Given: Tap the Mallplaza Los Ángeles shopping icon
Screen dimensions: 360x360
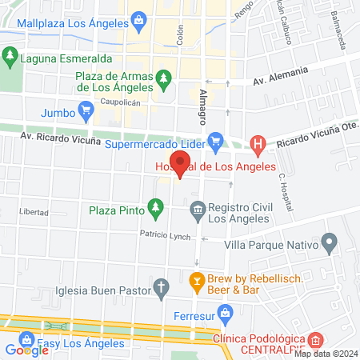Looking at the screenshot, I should point(138,18).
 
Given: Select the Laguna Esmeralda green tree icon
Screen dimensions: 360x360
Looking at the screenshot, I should point(10,57).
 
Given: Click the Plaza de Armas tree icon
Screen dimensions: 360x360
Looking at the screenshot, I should point(164,78).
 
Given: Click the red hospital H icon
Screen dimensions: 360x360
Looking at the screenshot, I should point(258,144).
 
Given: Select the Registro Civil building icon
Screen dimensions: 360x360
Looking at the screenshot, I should point(197,210).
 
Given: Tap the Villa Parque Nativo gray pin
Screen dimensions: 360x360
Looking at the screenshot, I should point(329,242).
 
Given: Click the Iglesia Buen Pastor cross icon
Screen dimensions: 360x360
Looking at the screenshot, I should point(161,287).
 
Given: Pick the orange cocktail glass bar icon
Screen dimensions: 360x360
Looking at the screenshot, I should point(195,281).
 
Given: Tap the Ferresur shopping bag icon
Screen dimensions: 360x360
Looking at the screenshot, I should point(226,312).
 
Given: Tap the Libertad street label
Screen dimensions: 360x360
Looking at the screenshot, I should point(34,213).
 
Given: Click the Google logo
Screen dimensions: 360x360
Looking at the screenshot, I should point(26,350).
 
